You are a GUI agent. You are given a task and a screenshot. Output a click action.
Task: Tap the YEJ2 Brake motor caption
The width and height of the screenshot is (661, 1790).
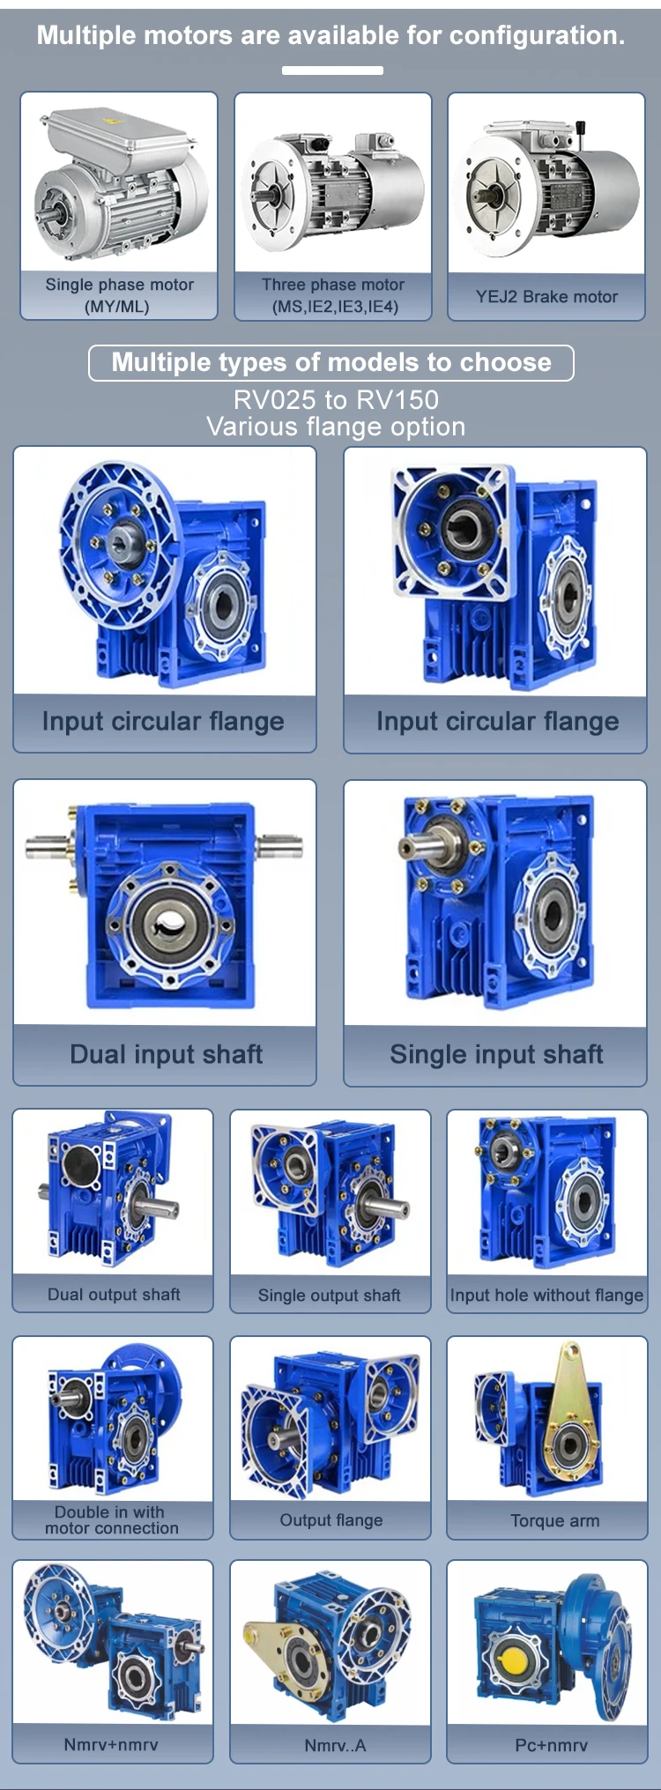click(x=546, y=297)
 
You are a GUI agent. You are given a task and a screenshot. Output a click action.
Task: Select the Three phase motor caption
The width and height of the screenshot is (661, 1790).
click(x=333, y=295)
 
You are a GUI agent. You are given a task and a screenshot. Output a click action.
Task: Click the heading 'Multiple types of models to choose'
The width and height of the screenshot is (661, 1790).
click(x=331, y=362)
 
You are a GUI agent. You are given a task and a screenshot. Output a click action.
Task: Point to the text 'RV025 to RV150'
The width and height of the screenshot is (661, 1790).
click(x=336, y=399)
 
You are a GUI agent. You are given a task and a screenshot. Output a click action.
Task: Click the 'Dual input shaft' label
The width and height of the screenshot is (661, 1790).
click(x=166, y=1054)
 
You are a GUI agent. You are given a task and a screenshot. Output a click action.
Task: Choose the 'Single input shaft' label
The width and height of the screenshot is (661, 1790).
click(x=496, y=1054)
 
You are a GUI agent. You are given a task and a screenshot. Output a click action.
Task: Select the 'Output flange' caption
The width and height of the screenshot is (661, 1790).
click(x=331, y=1520)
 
